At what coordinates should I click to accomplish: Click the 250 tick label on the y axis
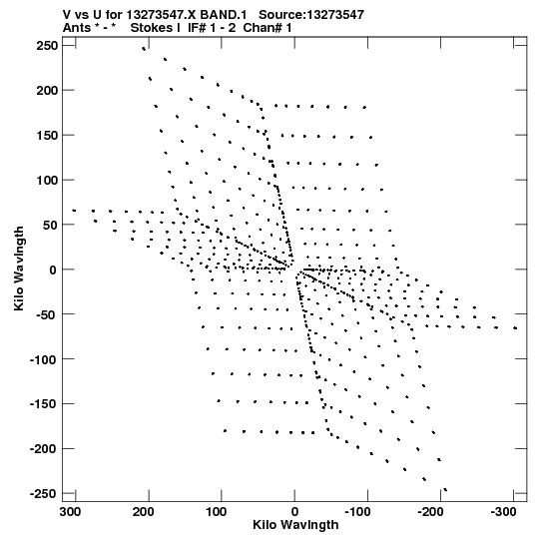(x=48, y=46)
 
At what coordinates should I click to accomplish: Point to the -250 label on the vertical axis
(x=43, y=494)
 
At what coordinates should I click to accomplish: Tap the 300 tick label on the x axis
(x=70, y=512)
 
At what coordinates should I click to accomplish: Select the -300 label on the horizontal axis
(x=503, y=512)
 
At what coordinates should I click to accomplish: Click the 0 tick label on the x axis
(x=294, y=512)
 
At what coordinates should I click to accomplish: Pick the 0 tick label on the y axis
(x=53, y=270)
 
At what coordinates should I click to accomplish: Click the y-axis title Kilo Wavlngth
(x=19, y=269)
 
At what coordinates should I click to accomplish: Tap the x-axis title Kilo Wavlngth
(x=295, y=525)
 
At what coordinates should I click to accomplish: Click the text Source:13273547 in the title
(x=311, y=15)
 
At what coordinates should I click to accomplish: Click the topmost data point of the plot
(x=144, y=49)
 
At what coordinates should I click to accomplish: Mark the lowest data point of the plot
(x=445, y=489)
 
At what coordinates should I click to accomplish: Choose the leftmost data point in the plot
(x=74, y=210)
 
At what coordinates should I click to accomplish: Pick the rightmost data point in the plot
(x=515, y=328)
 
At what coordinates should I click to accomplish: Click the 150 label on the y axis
(x=48, y=136)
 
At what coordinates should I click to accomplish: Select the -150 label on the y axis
(x=43, y=404)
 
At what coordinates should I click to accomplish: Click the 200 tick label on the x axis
(x=144, y=512)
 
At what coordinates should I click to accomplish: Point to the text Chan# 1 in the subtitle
(x=268, y=28)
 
